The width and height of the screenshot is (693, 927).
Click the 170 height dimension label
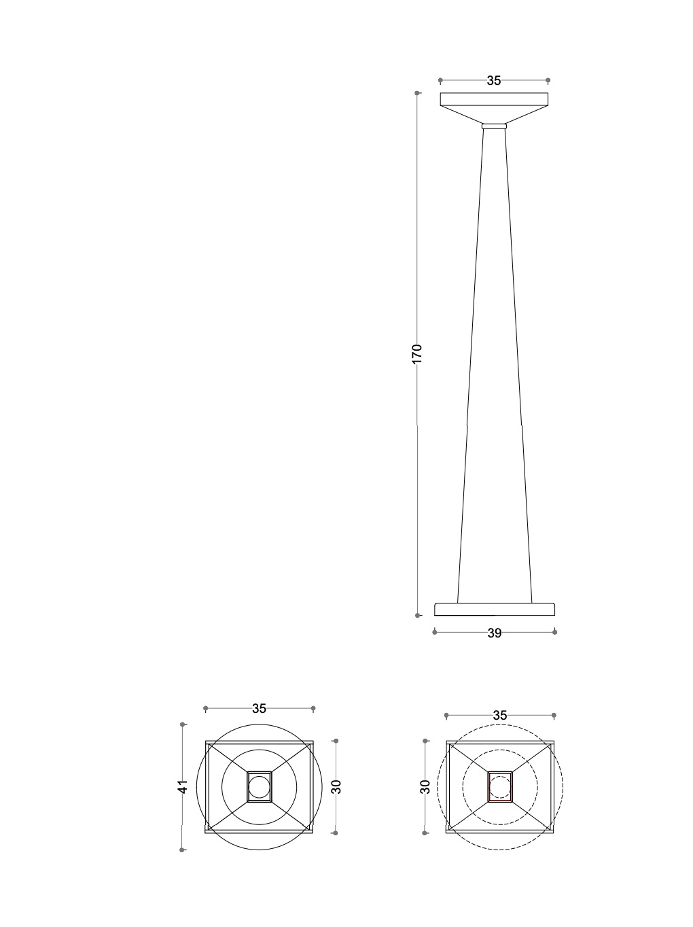pos(416,354)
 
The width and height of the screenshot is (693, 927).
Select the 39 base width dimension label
pos(494,633)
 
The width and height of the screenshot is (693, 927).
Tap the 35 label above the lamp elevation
pos(494,81)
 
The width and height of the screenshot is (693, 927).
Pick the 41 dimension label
pos(182,787)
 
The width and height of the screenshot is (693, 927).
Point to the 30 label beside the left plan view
pos(336,787)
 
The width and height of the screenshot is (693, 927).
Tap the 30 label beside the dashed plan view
pos(425,787)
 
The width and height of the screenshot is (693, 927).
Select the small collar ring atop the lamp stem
pos(494,126)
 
